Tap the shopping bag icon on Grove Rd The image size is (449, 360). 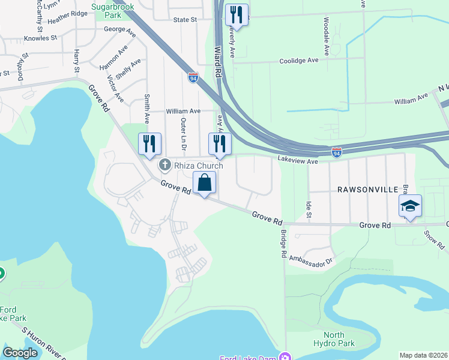point(205,182)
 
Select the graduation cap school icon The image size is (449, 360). point(410,206)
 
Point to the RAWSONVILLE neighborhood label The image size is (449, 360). point(368,190)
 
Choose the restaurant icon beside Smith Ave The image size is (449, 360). point(149,144)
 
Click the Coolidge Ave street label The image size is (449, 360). point(298,61)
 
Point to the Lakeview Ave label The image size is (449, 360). point(297,161)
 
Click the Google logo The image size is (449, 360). point(20,353)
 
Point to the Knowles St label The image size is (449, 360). point(40,38)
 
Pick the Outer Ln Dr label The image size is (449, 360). point(184,134)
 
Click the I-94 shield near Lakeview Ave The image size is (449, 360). point(337,152)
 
